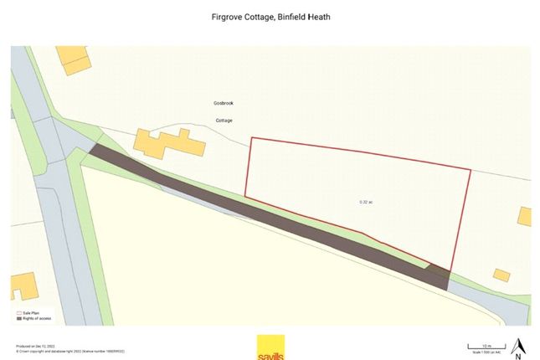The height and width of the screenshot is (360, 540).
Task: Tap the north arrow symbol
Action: (x=518, y=343)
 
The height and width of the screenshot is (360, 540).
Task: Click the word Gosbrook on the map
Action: (x=223, y=103)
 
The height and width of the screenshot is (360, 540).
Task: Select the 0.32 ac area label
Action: (x=365, y=202)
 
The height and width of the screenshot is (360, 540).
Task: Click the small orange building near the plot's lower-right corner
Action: (x=501, y=275)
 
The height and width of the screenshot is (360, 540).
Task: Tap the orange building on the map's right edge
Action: (x=525, y=216)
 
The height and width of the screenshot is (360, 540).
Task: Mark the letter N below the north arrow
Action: (x=518, y=354)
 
